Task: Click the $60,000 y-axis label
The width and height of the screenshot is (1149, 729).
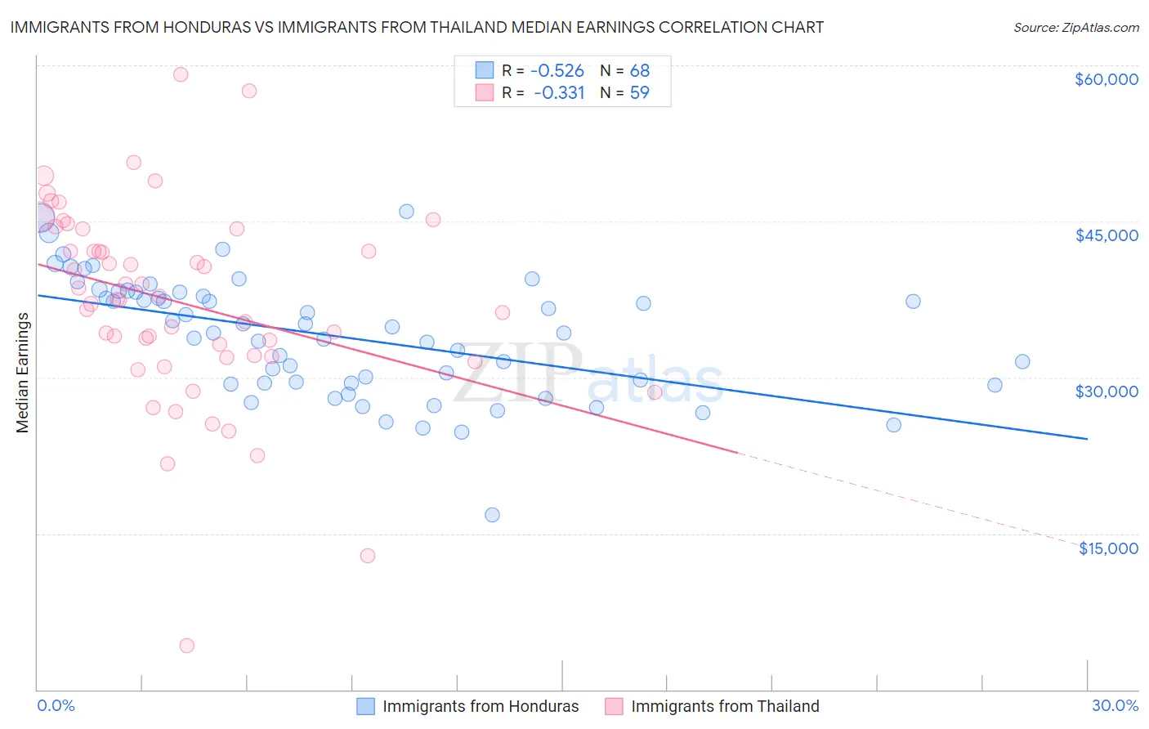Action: [x=1106, y=79]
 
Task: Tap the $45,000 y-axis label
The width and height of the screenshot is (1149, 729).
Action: [x=1106, y=235]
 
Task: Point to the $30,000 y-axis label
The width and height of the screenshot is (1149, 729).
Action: [x=1106, y=391]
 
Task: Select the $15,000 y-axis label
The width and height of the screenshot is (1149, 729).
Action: [x=1108, y=548]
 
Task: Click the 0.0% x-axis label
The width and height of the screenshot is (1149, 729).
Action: [x=56, y=705]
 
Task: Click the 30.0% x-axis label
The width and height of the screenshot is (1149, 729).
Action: [x=1115, y=705]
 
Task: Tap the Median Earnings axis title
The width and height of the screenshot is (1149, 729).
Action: [x=22, y=373]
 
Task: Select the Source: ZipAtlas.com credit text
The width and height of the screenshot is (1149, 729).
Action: [x=1075, y=27]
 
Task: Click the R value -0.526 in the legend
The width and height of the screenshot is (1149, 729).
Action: [x=557, y=70]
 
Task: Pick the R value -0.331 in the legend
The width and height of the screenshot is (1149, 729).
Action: [x=559, y=92]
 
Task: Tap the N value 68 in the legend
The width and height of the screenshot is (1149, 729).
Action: [x=639, y=70]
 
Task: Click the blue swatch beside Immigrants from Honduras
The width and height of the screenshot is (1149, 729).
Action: [x=365, y=706]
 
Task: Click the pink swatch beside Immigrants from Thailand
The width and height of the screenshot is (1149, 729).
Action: [x=614, y=706]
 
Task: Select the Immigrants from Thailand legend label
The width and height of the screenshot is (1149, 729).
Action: [x=725, y=706]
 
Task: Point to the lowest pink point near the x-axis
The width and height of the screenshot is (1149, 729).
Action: [x=186, y=646]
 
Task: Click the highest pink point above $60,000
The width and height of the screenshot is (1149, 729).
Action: [x=181, y=74]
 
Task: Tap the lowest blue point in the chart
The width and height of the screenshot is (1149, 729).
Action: [x=492, y=515]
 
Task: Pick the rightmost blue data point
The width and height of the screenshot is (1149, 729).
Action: [x=1022, y=361]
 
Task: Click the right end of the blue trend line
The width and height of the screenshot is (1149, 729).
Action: [x=1087, y=439]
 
